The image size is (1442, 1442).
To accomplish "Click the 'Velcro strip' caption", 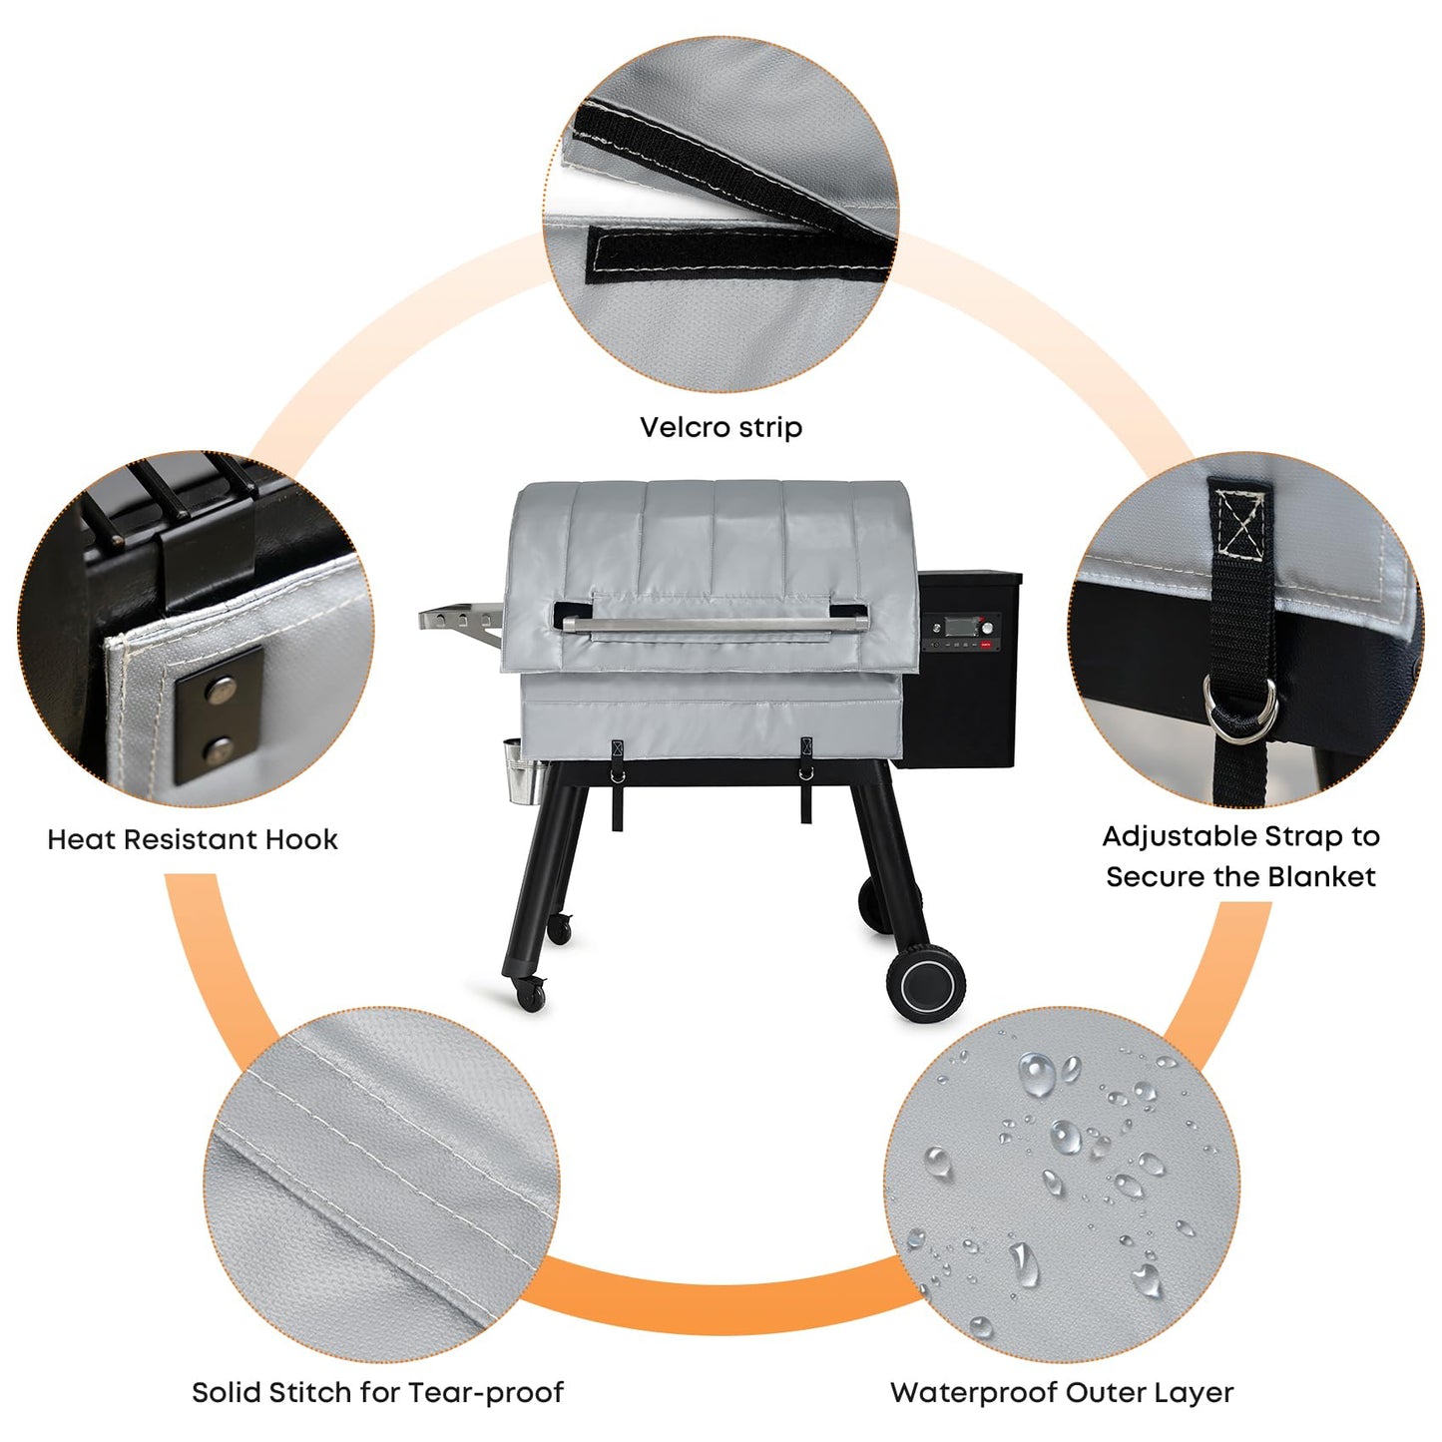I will [721, 427].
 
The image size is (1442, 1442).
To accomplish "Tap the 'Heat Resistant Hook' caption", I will [193, 839].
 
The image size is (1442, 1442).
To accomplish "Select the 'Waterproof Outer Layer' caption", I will [1062, 1392].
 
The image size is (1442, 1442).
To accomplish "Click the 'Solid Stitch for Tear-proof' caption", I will [377, 1392].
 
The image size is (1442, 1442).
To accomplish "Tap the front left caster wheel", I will [532, 994].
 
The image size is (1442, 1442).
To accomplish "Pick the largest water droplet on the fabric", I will [1036, 1076].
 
